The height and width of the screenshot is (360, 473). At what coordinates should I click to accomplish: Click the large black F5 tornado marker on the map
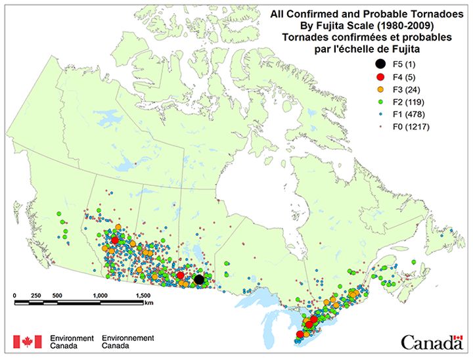199,280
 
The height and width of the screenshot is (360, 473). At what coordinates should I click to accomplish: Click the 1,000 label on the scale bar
101,295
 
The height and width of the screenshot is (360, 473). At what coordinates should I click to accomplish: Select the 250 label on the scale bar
36,295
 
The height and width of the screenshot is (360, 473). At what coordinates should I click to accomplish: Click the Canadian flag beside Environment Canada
23,342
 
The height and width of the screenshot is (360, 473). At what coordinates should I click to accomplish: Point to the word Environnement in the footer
128,338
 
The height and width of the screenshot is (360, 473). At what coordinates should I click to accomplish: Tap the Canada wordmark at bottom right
432,342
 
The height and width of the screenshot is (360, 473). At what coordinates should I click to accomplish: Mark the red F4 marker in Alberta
115,240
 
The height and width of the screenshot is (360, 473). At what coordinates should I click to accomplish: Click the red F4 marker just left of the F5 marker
180,275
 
